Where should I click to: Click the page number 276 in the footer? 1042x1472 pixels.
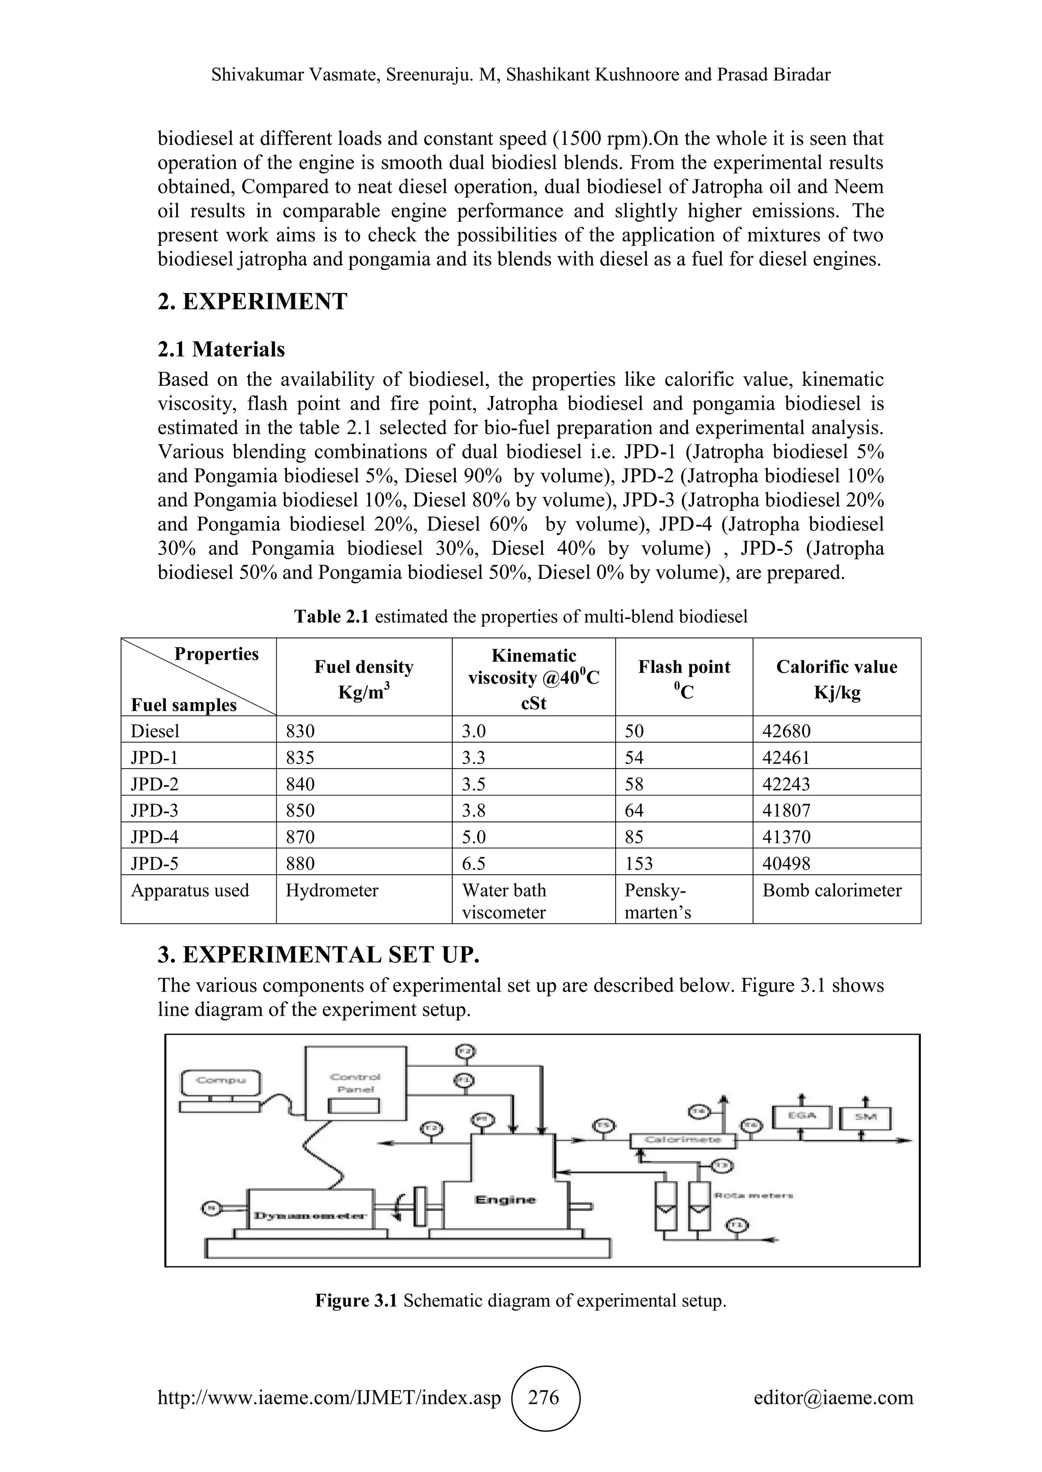pyautogui.click(x=543, y=1397)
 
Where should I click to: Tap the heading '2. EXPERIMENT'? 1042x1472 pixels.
pyautogui.click(x=252, y=301)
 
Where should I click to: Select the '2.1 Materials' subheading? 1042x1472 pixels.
pyautogui.click(x=221, y=349)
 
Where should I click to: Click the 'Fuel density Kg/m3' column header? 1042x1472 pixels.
pyautogui.click(x=364, y=678)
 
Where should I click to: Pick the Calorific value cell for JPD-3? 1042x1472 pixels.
pyautogui.click(x=787, y=810)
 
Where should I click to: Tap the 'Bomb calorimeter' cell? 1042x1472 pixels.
pyautogui.click(x=831, y=891)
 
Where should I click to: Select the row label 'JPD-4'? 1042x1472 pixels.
pyautogui.click(x=155, y=837)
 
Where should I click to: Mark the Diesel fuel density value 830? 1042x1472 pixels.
pyautogui.click(x=300, y=731)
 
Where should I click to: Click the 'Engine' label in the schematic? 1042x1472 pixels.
pyautogui.click(x=505, y=1200)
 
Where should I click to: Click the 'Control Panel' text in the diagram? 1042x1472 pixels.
pyautogui.click(x=355, y=1083)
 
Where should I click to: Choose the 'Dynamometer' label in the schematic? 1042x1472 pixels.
pyautogui.click(x=310, y=1215)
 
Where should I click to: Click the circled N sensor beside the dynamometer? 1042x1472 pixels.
pyautogui.click(x=211, y=1209)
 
